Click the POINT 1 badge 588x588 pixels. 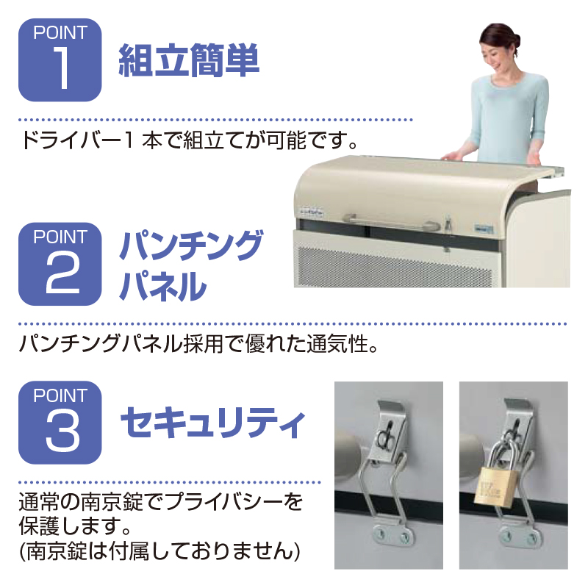60,60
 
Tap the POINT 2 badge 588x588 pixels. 60,264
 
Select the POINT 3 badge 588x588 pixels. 60,423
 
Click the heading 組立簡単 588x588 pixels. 189,60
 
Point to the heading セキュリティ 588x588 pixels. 212,423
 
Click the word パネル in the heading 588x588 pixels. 163,286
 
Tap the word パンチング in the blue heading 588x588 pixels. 191,245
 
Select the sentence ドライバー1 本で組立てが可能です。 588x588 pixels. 189,141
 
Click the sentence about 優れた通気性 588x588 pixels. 198,344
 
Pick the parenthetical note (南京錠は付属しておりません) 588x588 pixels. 159,551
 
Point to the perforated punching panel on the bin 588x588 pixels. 396,266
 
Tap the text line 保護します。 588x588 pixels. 75,526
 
